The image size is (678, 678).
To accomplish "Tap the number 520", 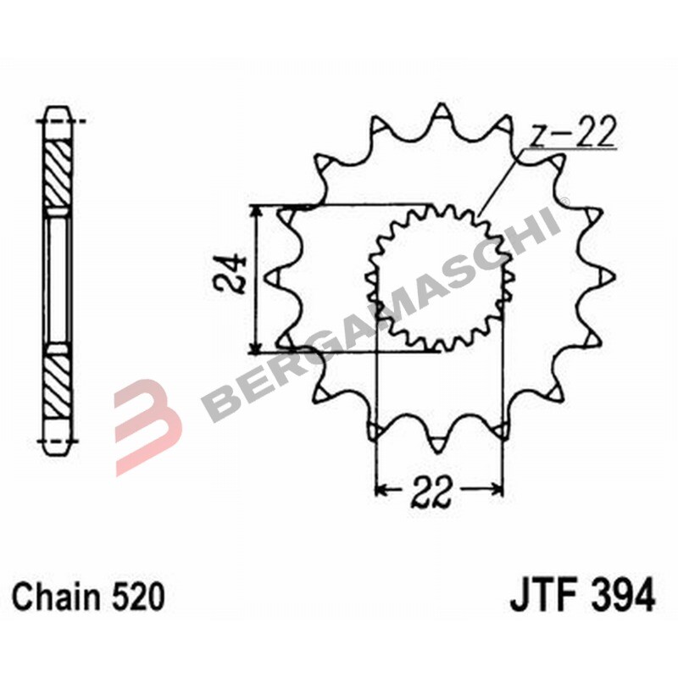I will (x=135, y=597).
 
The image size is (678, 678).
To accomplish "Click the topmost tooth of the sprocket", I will (x=441, y=114).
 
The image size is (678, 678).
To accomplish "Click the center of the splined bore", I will (x=441, y=277).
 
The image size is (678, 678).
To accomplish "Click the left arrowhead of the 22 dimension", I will (x=381, y=490).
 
